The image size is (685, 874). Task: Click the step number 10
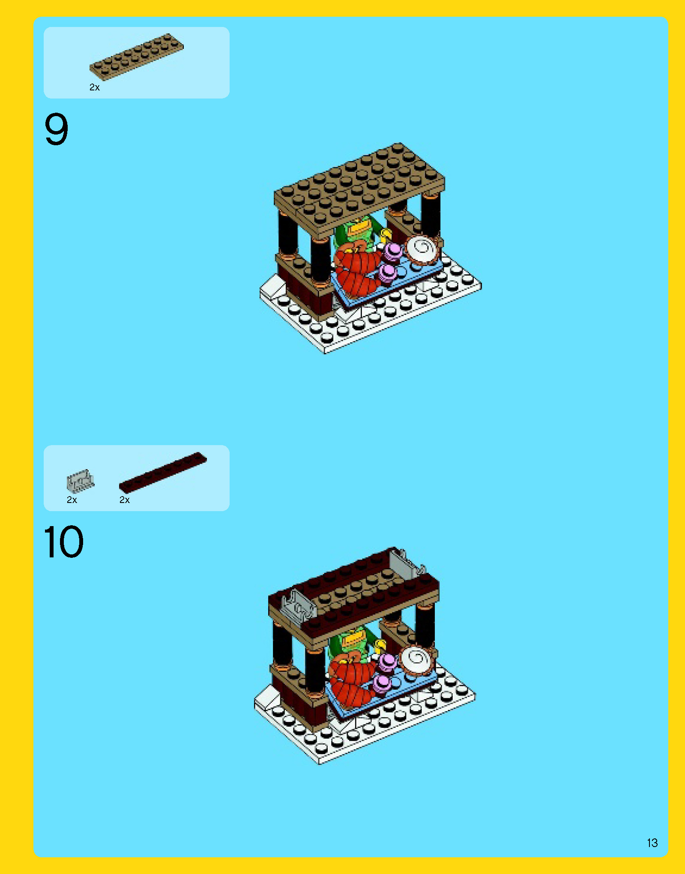pos(63,542)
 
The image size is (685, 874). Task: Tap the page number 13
pos(652,843)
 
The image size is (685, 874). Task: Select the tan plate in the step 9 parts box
pos(136,57)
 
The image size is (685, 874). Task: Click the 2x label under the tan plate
pos(94,87)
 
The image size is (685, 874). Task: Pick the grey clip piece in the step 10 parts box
pos(80,481)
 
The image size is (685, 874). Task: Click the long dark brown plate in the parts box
pos(163,472)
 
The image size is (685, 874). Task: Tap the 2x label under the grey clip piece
pos(72,500)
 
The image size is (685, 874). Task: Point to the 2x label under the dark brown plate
pos(125,500)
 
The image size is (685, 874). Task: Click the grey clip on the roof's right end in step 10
pos(407,563)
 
